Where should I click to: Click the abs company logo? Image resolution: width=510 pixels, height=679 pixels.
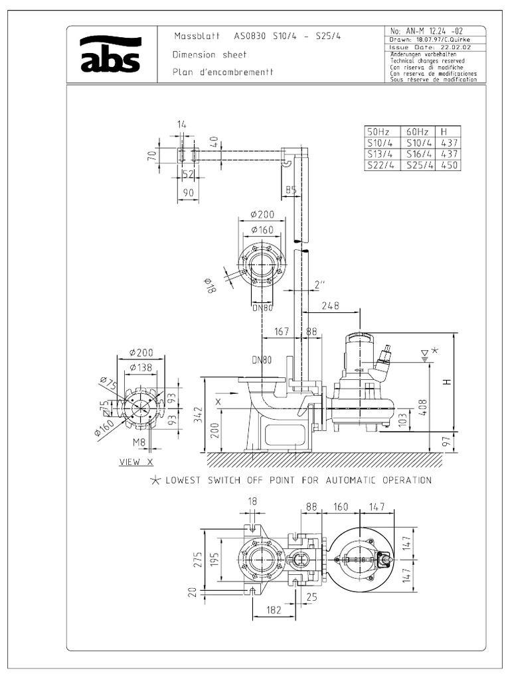(110, 54)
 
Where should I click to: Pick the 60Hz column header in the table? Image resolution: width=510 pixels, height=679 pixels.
(416, 131)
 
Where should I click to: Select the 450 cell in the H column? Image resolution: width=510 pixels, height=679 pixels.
(450, 166)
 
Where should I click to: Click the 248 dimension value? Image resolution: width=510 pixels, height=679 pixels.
(329, 306)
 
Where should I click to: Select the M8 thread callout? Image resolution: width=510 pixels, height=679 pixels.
(139, 442)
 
